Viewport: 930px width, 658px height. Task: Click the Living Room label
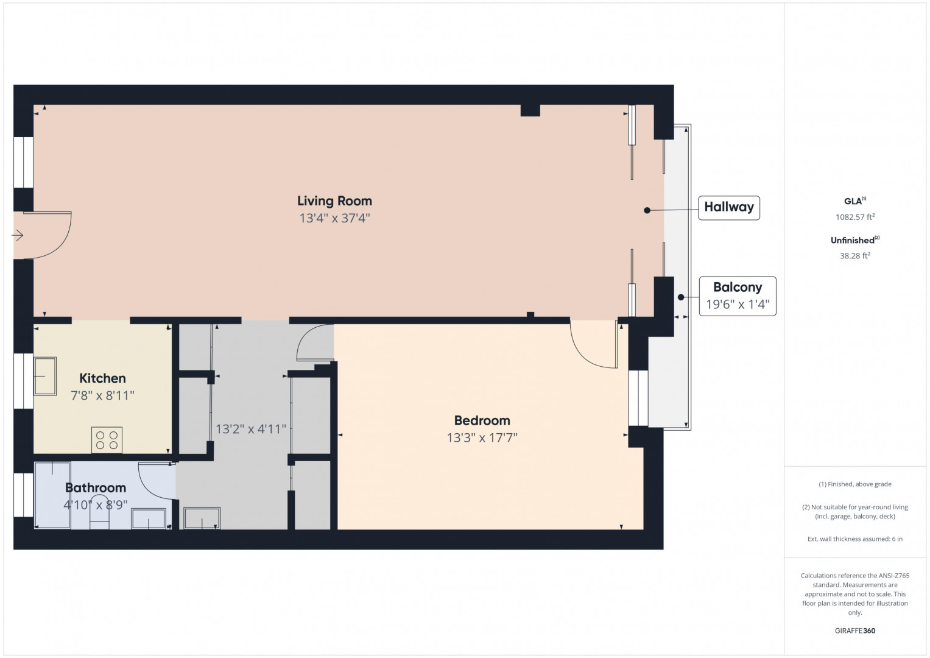tap(334, 201)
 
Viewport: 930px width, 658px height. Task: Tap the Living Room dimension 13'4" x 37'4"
tap(334, 218)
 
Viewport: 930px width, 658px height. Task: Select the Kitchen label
tap(102, 378)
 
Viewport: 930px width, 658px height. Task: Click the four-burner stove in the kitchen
tap(107, 440)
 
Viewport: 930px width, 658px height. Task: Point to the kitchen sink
tap(45, 377)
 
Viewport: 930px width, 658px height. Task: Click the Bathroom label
tap(96, 487)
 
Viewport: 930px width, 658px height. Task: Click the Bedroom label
tap(482, 420)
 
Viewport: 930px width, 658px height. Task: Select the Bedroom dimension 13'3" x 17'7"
tap(482, 438)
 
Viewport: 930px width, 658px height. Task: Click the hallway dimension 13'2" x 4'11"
tap(251, 429)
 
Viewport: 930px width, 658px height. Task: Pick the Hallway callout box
tap(728, 208)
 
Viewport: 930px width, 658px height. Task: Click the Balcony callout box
tap(738, 296)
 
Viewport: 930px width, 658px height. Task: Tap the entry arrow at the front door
tap(17, 236)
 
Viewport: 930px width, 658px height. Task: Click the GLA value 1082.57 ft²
tap(855, 217)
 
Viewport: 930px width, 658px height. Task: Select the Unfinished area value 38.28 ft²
tap(855, 255)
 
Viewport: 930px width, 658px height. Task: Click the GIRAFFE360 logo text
tap(855, 631)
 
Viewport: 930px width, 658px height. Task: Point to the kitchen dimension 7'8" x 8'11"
tap(102, 395)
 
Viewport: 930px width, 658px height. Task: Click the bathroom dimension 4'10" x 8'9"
tap(96, 505)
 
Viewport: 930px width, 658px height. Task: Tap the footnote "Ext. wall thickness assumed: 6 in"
tap(855, 539)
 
